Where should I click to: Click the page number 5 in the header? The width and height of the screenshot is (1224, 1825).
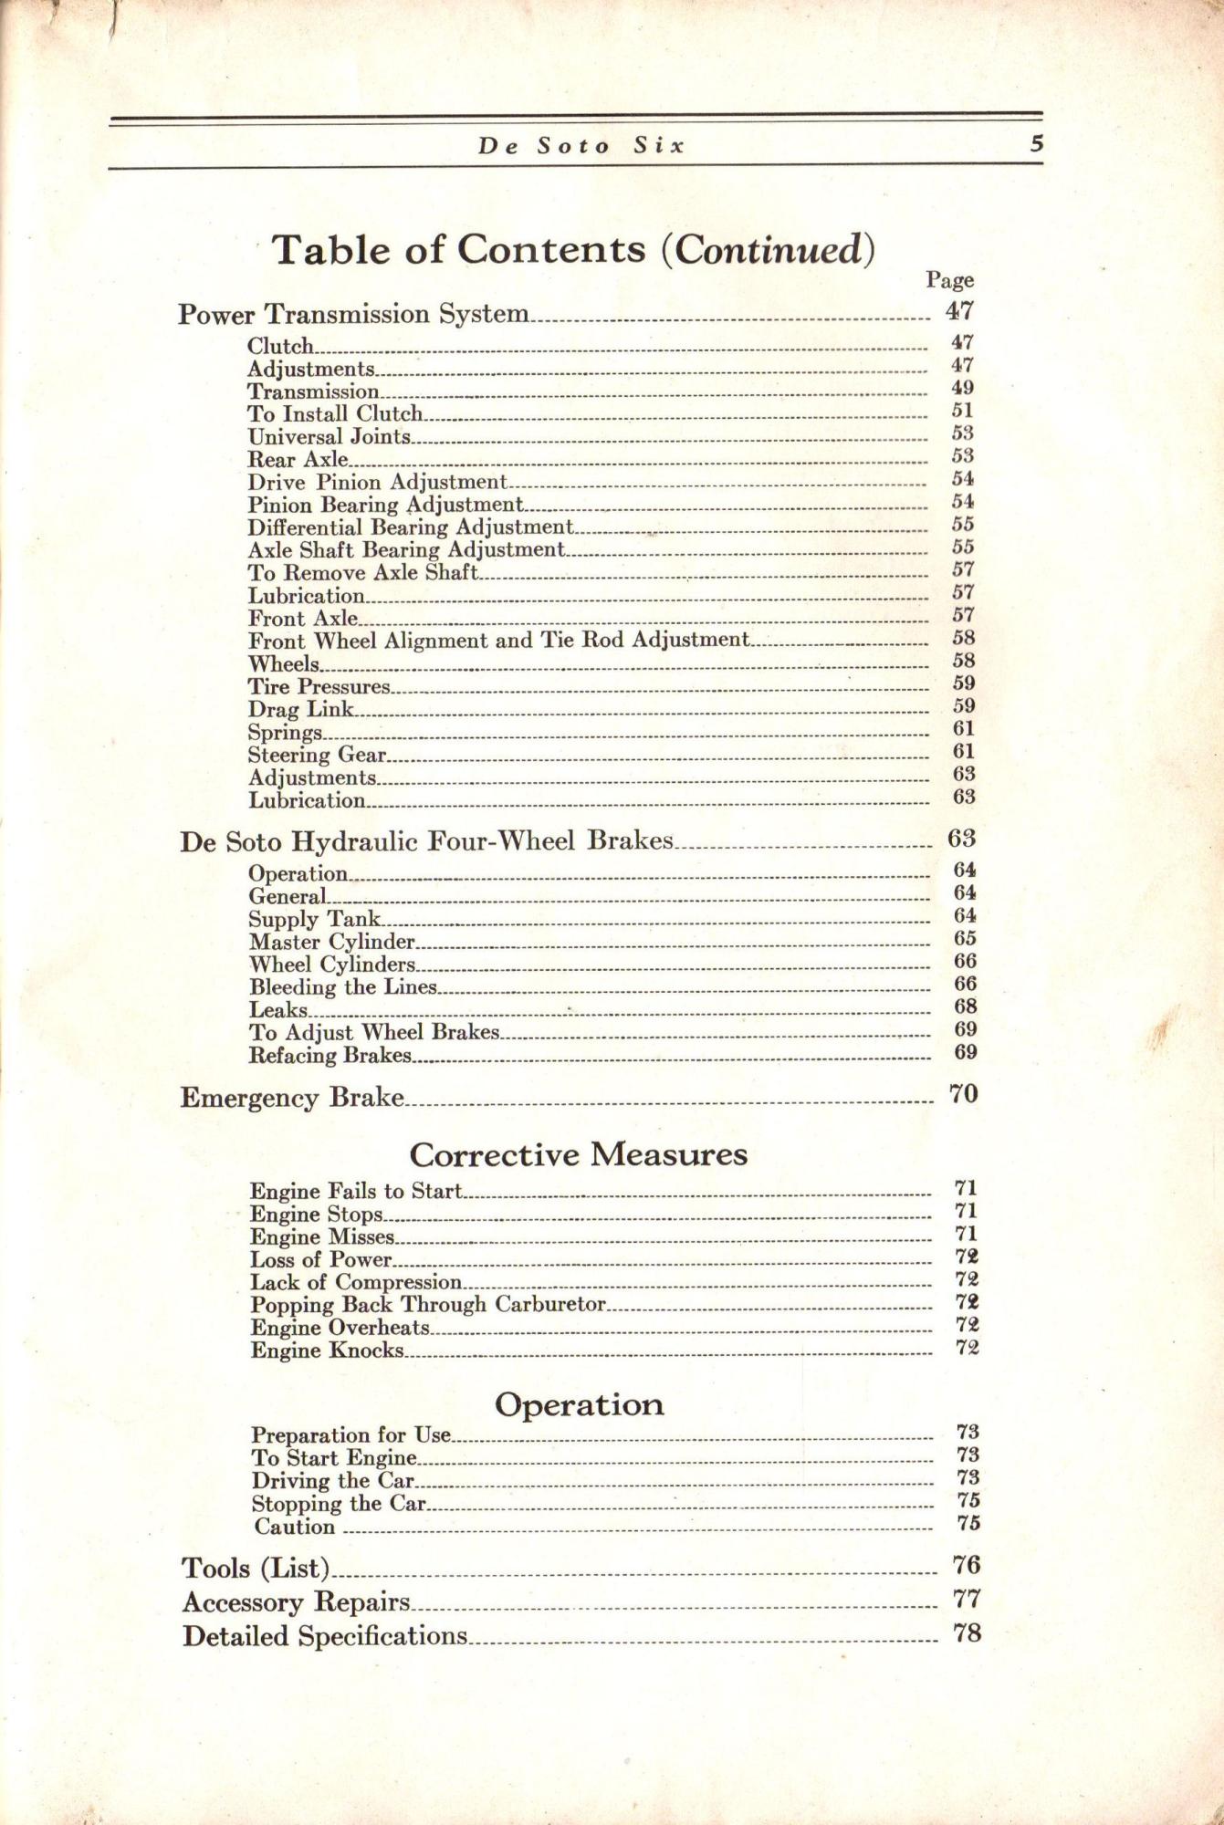1035,144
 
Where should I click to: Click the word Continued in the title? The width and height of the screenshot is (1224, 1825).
768,250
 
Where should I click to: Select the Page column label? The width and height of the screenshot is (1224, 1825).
949,280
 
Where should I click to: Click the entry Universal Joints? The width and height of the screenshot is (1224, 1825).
329,437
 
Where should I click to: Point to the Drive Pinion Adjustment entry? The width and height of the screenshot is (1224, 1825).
377,482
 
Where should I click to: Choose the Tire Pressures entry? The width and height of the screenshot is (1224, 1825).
319,686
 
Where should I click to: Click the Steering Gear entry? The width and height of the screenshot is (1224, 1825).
317,755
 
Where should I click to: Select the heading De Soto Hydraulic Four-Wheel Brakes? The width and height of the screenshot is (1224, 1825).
426,840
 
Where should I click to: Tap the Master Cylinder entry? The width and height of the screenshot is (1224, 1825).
332,942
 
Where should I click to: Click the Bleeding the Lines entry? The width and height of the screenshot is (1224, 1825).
343,987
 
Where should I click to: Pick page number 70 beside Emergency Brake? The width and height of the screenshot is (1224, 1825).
964,1093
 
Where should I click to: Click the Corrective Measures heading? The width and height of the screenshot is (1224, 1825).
578,1155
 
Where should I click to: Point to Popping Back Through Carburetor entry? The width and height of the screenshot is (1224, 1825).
428,1305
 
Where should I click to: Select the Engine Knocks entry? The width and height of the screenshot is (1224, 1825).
327,1350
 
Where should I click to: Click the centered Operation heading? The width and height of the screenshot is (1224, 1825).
579,1404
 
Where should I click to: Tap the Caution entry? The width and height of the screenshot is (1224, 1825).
294,1528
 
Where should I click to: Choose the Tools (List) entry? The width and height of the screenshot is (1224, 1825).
255,1569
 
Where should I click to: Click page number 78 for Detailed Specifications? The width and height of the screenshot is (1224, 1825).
967,1632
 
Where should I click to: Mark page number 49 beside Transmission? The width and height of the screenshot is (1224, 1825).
962,388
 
